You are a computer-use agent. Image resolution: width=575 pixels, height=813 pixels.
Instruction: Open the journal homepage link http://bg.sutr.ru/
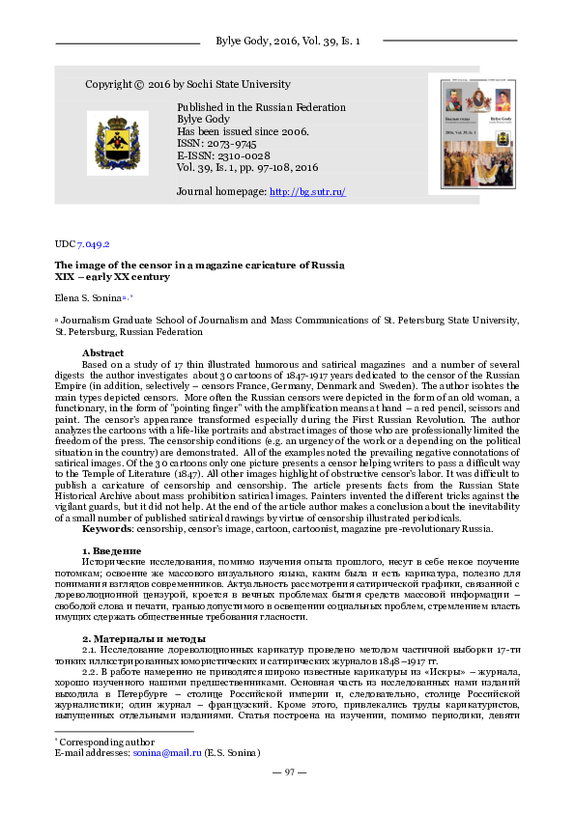click(307, 192)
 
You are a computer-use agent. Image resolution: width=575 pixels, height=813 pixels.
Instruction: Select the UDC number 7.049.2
click(94, 245)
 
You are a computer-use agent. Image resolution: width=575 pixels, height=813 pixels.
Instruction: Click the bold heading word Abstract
click(103, 352)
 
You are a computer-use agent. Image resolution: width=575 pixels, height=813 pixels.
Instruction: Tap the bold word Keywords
click(107, 528)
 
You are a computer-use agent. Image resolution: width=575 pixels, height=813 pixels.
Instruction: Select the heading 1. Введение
click(114, 549)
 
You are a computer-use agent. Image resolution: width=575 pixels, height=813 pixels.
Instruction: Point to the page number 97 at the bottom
click(289, 772)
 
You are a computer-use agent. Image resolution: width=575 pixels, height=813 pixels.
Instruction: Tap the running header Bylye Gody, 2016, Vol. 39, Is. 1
click(287, 42)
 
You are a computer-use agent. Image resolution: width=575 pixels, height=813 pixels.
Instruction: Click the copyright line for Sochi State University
click(187, 84)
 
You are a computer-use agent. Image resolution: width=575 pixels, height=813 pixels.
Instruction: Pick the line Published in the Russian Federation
click(262, 108)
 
